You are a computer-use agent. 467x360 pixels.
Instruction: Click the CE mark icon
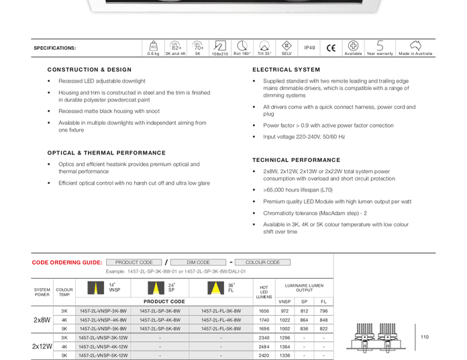331,48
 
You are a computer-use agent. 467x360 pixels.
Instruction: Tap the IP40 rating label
309,48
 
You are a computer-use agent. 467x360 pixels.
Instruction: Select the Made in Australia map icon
415,46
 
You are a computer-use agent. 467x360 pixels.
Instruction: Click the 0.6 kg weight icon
153,46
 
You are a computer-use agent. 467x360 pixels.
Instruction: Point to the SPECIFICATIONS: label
55,48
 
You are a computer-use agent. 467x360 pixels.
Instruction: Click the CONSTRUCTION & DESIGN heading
89,70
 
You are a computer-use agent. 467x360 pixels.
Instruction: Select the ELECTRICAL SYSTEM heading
287,70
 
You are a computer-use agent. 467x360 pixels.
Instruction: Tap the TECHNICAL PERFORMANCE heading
296,161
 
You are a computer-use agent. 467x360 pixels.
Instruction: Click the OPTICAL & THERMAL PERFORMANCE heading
106,153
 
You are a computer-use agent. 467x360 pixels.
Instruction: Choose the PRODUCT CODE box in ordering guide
134,263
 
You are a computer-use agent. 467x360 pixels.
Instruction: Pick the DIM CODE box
199,263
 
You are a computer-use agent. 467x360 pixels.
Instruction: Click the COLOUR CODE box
262,263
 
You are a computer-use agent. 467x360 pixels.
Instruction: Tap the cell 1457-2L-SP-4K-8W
160,320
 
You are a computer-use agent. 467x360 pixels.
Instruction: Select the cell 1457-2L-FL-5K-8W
221,329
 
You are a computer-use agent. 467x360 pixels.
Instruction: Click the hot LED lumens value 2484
264,347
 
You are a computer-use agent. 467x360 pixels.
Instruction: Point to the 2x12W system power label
42,347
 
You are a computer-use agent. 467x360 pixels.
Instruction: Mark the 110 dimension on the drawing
424,337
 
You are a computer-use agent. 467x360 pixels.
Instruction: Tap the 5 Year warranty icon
380,46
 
